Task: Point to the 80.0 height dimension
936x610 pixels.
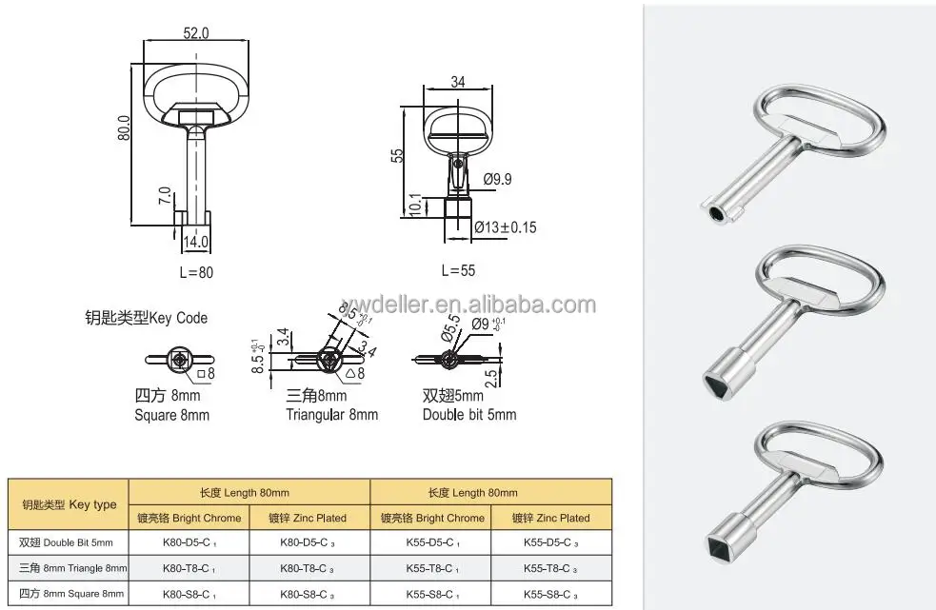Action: tap(123, 129)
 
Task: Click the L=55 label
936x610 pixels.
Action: tap(458, 270)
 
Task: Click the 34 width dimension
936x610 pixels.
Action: tap(457, 82)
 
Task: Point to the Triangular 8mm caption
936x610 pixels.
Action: tap(332, 415)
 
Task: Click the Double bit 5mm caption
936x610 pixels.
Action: tap(469, 415)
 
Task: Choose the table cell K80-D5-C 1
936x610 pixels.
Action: tap(189, 542)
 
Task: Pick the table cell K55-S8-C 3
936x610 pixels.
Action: tap(551, 593)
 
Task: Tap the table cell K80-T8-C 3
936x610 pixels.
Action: tap(309, 567)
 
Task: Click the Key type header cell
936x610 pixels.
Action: tap(70, 505)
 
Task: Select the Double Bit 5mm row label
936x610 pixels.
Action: tap(66, 542)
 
